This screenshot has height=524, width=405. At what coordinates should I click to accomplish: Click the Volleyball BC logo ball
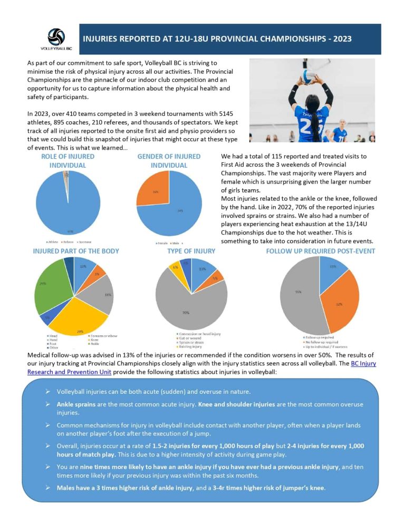[56, 37]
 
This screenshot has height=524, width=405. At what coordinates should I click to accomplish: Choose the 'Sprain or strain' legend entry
[195, 343]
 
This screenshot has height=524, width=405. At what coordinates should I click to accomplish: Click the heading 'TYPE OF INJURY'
[190, 251]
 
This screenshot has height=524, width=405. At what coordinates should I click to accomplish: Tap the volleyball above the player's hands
[315, 67]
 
